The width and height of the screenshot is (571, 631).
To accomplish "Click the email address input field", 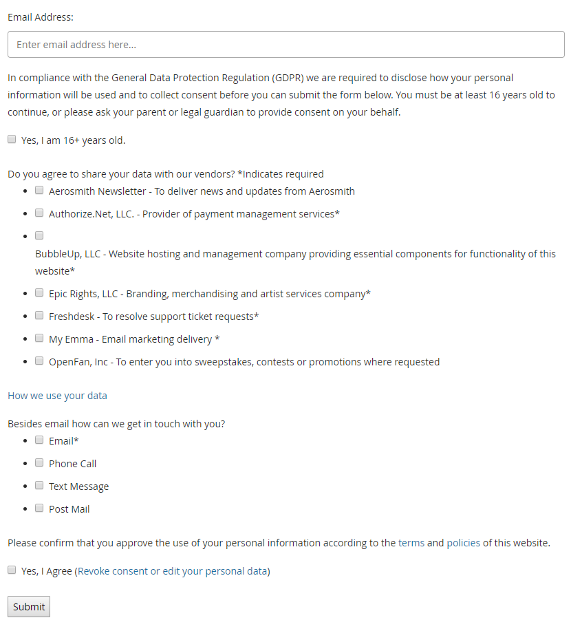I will click(285, 45).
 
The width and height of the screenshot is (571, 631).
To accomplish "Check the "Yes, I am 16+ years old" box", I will click(12, 139).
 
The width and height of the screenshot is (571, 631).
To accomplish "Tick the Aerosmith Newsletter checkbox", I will click(40, 190).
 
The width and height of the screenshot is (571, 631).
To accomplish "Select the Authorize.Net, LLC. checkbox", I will click(40, 213).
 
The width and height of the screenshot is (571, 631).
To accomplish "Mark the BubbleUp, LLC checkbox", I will click(40, 235).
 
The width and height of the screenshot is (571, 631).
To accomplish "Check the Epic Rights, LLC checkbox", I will click(40, 292).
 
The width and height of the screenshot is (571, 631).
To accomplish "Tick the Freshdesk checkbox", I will click(40, 315).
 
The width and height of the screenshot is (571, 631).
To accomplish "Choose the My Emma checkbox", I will click(40, 338).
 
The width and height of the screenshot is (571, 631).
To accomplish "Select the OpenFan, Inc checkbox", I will click(40, 361).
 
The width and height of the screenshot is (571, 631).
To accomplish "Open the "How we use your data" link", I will click(57, 396).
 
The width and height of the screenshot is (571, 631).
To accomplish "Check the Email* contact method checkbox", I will click(40, 440).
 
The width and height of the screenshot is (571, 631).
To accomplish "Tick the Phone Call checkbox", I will click(40, 462).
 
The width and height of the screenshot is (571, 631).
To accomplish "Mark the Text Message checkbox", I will click(40, 485).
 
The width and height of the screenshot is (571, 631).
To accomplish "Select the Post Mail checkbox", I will click(40, 508).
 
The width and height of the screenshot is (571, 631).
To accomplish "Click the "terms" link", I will click(411, 543).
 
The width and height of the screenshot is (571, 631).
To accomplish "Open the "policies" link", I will click(463, 543).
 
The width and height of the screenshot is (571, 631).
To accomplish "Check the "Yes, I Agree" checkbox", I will click(12, 570).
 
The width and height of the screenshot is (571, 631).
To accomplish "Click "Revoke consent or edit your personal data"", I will click(172, 571).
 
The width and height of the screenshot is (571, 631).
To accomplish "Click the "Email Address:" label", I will click(41, 17).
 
